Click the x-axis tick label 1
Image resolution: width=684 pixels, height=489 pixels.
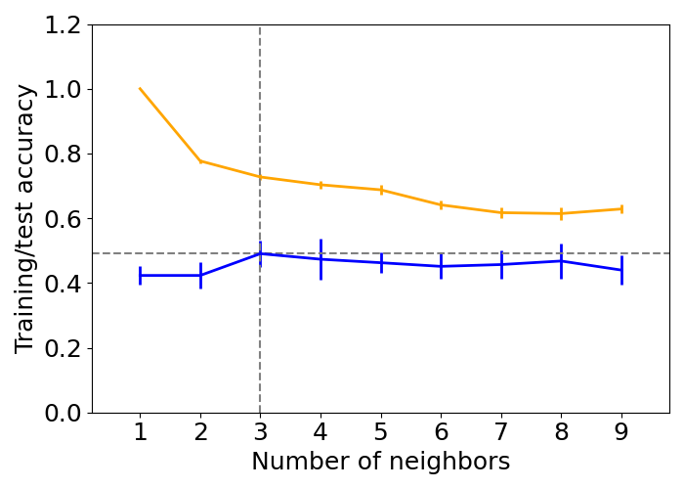(140, 432)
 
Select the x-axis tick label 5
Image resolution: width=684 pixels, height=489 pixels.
(381, 432)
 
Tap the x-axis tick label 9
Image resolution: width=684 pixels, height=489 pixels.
(621, 432)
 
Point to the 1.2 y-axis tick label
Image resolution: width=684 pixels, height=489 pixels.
(64, 25)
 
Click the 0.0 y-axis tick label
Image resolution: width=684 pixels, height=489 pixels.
(64, 413)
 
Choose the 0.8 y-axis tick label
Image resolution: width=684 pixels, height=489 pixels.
(64, 155)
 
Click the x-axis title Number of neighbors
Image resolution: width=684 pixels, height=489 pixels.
(381, 462)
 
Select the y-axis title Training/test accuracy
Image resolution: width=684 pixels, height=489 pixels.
(25, 219)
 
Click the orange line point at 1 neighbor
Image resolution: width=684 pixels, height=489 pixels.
(140, 89)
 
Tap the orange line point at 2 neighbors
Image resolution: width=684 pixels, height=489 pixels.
(200, 161)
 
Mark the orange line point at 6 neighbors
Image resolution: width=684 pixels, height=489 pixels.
(441, 205)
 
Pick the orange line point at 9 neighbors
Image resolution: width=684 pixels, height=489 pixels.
(621, 208)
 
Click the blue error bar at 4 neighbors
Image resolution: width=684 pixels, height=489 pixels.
(321, 259)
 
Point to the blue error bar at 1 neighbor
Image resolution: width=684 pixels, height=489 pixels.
(140, 276)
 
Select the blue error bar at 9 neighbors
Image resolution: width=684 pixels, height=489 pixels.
(621, 270)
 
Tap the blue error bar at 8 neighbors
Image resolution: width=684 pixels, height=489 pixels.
(561, 261)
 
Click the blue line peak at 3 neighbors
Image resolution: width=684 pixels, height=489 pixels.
(260, 253)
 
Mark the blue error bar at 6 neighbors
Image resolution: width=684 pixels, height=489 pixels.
(441, 266)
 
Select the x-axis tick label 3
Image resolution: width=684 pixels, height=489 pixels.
(260, 432)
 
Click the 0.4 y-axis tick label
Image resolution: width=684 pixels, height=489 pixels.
(64, 284)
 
